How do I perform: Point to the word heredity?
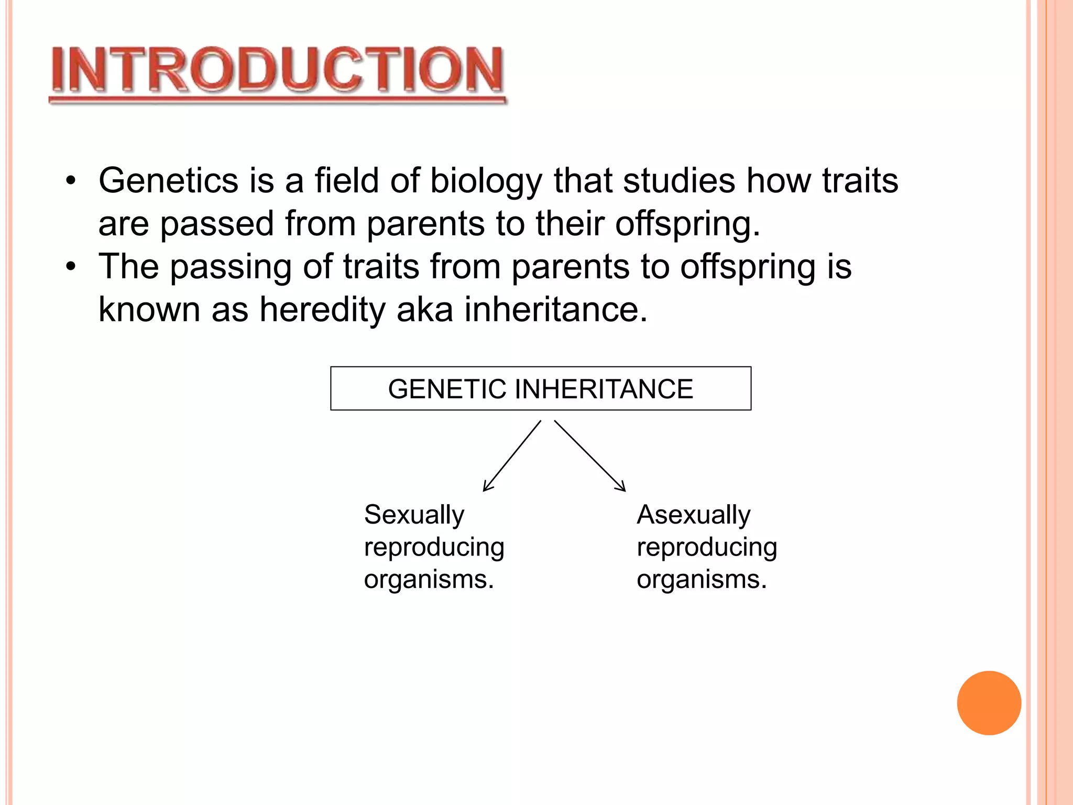click(x=322, y=310)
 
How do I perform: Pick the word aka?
click(x=425, y=309)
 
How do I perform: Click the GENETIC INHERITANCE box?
click(x=541, y=388)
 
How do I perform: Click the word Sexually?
click(x=414, y=515)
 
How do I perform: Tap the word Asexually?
click(x=694, y=515)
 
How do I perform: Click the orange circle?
click(x=989, y=703)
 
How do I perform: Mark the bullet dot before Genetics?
click(x=71, y=181)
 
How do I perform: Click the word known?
click(x=149, y=309)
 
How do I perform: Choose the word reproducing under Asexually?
click(x=707, y=548)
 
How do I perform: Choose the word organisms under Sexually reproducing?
click(x=429, y=580)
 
